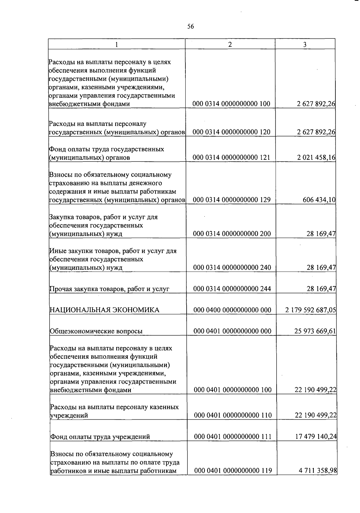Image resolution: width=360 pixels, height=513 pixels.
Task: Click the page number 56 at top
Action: (190, 26)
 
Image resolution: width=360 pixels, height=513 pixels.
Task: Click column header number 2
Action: (230, 44)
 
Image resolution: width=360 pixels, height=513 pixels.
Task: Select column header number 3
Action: (305, 45)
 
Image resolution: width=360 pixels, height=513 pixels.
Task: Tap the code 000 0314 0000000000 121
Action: (232, 157)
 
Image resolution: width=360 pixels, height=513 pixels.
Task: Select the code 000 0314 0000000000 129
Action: (232, 200)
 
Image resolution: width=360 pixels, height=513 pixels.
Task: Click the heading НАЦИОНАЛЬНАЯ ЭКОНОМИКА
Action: (104, 310)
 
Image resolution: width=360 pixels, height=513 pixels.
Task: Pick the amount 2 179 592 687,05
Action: (310, 310)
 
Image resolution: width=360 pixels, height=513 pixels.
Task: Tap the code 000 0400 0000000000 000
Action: (232, 310)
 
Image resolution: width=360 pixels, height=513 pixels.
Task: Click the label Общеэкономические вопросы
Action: (96, 331)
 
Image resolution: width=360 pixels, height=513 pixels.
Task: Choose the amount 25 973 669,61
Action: (315, 331)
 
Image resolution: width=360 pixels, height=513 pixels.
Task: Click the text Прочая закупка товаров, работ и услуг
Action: (109, 289)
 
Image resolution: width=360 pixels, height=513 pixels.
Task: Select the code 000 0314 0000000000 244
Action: (232, 289)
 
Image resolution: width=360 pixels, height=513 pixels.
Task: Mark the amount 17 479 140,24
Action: (316, 436)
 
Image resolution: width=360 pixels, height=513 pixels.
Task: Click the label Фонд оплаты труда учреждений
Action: (100, 436)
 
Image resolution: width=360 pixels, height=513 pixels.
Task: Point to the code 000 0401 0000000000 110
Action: (233, 415)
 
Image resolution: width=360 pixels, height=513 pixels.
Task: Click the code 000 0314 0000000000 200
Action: (232, 234)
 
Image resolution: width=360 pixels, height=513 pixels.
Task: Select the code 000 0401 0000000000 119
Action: (233, 470)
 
